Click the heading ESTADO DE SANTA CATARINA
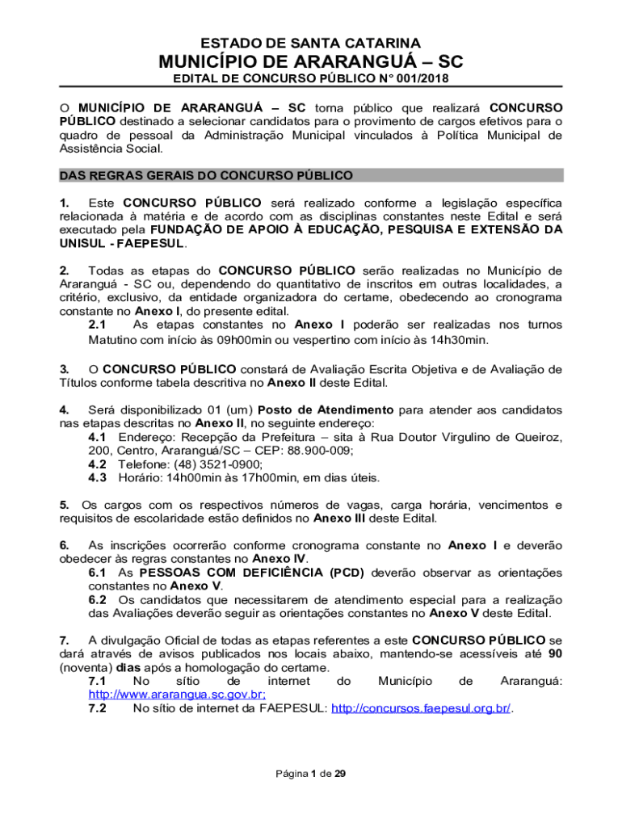point(310,43)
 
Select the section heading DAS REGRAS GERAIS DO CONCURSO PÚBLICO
point(206,175)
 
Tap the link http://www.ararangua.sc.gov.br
point(177,695)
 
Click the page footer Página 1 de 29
point(310,774)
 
